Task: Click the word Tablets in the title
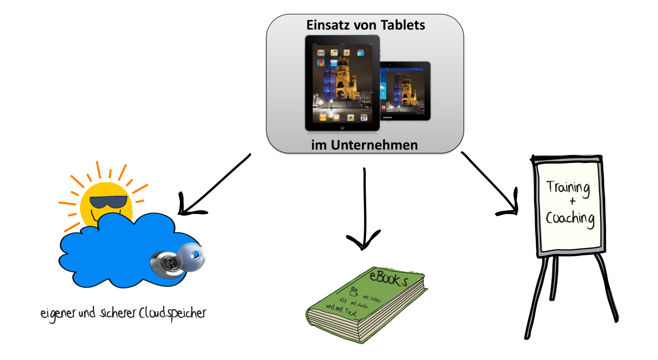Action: click(x=400, y=25)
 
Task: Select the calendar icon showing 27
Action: click(x=364, y=118)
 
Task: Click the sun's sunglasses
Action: click(x=108, y=202)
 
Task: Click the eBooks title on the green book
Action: click(x=388, y=278)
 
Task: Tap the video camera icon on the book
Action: click(x=354, y=291)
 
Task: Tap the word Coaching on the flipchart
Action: click(x=570, y=218)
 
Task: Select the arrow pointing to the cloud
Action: click(x=216, y=184)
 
